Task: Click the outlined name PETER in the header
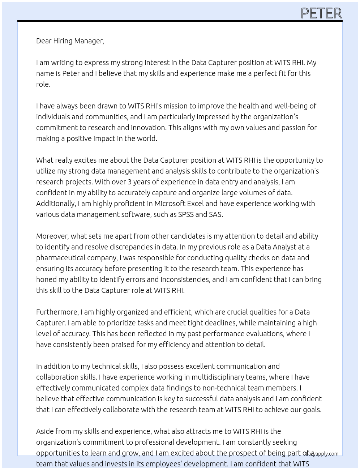tap(321, 13)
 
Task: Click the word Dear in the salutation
tap(44, 41)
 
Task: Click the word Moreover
tap(52, 236)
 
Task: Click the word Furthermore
tap(57, 312)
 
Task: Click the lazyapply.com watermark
tap(322, 454)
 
